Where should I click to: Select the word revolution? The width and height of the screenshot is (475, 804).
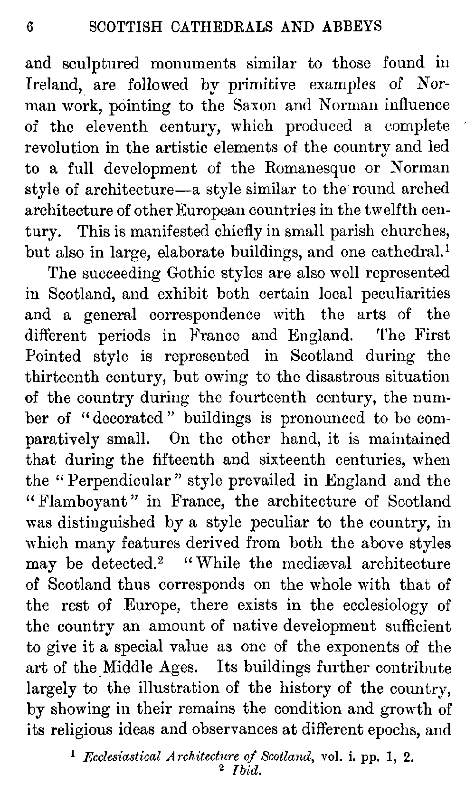coord(60,147)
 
